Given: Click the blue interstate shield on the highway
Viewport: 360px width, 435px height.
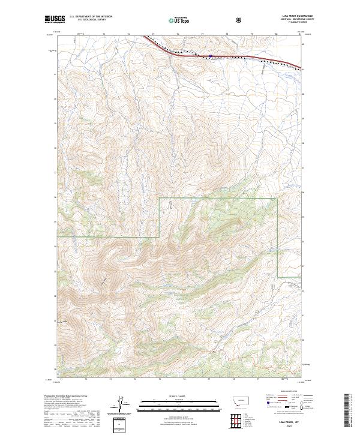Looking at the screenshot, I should pos(211,58).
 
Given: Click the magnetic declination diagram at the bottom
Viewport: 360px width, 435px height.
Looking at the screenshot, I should pos(121,403).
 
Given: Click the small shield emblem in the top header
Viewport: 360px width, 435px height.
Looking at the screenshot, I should pos(240,19).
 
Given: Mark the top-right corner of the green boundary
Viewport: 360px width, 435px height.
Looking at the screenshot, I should pos(277,199).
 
